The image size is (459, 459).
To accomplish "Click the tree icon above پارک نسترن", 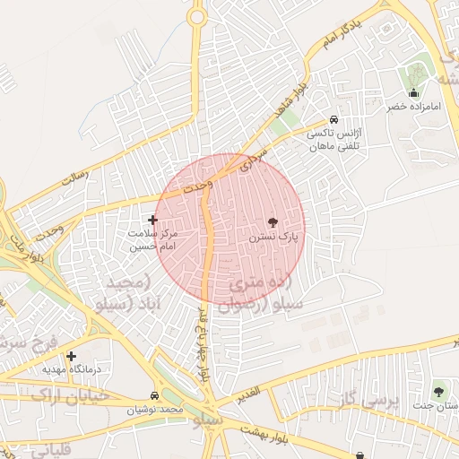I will click(273, 221).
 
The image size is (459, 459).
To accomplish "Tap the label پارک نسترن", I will click(273, 237).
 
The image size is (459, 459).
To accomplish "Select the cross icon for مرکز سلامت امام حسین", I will click(152, 220).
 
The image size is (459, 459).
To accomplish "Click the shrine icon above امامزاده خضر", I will click(413, 92).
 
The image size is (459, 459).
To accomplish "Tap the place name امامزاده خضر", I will click(414, 107).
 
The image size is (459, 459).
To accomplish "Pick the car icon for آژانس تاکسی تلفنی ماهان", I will click(333, 119).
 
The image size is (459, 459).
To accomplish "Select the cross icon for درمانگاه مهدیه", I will click(71, 356).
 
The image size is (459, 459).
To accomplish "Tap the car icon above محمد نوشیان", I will click(155, 395).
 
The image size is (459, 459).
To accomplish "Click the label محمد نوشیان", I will click(154, 409).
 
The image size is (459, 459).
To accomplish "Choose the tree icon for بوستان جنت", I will click(438, 392).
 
